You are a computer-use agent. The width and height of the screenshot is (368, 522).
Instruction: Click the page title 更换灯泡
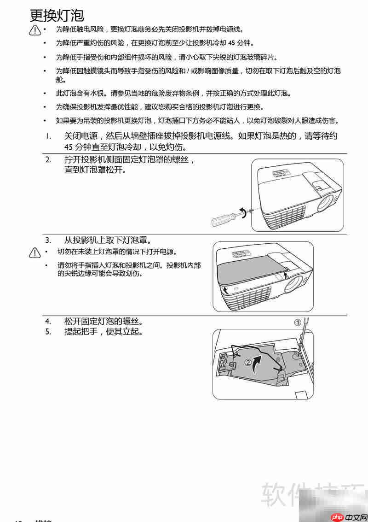[x=57, y=15]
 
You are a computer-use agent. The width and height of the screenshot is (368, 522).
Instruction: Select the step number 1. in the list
[x=48, y=136]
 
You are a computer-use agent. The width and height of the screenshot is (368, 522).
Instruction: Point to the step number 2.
[x=48, y=160]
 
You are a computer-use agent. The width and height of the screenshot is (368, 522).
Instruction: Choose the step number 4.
[x=48, y=321]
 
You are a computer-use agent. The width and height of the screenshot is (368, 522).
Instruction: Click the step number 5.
[x=48, y=331]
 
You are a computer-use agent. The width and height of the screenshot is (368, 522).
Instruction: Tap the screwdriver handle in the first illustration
[x=219, y=220]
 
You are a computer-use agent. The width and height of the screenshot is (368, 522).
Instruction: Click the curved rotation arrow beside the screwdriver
[x=241, y=212]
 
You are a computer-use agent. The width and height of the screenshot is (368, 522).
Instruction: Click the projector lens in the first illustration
[x=326, y=203]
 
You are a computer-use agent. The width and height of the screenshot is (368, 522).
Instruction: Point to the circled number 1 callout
[x=298, y=322]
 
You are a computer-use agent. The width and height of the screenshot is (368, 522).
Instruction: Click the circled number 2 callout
[x=248, y=363]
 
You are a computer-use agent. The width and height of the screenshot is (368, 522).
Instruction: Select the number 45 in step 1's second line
[x=69, y=147]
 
